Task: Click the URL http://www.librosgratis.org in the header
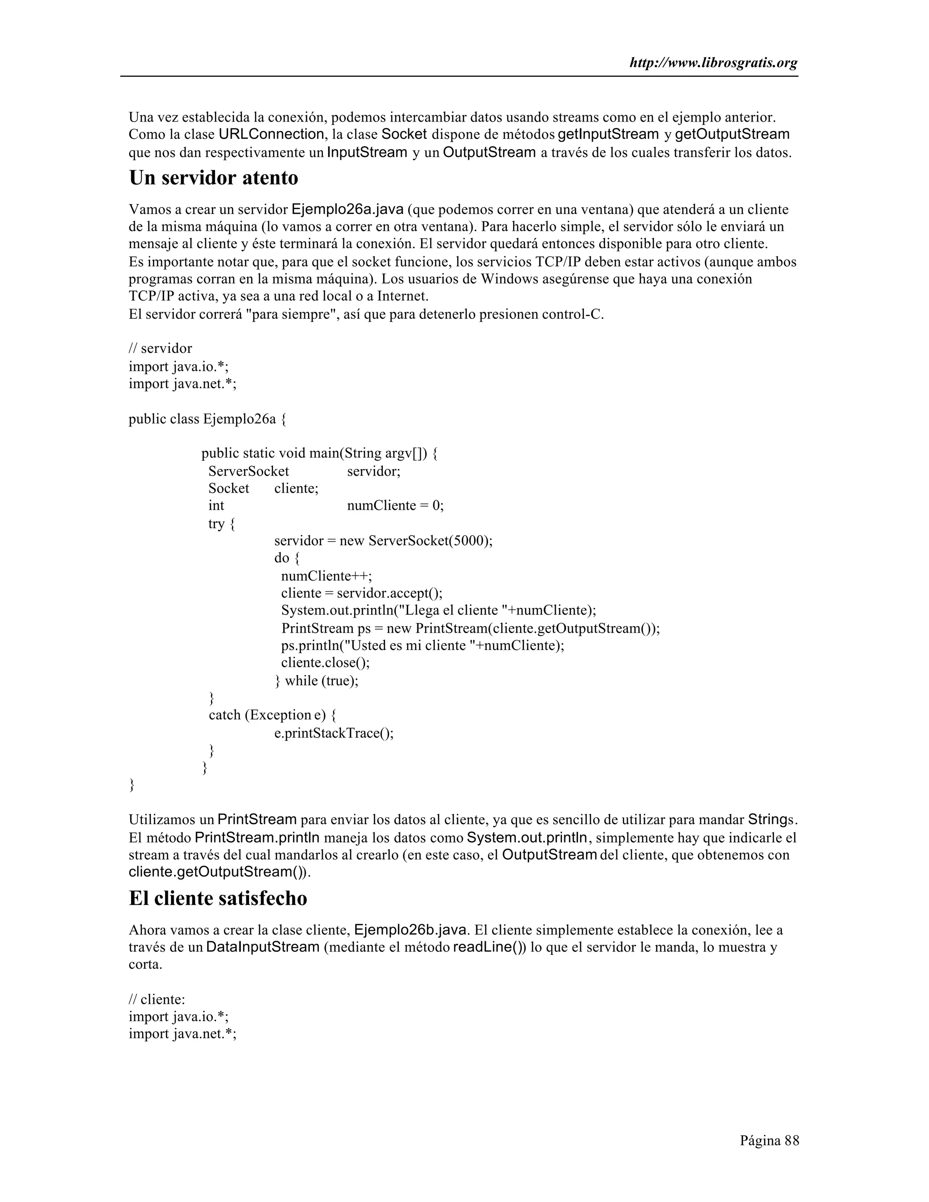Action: pyautogui.click(x=713, y=64)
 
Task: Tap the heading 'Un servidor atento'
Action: pyautogui.click(x=214, y=178)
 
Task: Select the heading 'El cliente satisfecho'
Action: pyautogui.click(x=218, y=898)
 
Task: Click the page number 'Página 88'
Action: pyautogui.click(x=769, y=1140)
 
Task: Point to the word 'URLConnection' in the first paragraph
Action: pyautogui.click(x=271, y=134)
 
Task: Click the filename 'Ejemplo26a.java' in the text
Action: pyautogui.click(x=347, y=210)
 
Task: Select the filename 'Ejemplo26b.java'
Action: pyautogui.click(x=411, y=930)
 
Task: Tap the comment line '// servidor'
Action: pyautogui.click(x=160, y=348)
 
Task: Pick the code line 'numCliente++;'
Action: pyautogui.click(x=326, y=576)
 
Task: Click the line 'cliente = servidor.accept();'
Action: pyautogui.click(x=362, y=593)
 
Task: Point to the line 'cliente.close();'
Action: pyautogui.click(x=325, y=663)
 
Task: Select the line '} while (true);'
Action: pyautogui.click(x=317, y=681)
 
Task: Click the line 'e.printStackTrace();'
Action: pyautogui.click(x=334, y=733)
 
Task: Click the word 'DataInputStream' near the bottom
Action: pyautogui.click(x=263, y=947)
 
